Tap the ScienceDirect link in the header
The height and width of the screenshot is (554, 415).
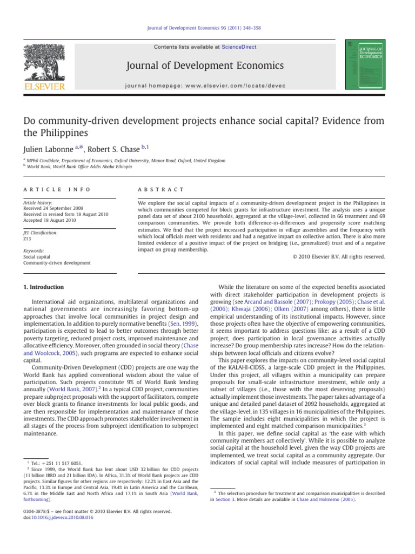pos(239,47)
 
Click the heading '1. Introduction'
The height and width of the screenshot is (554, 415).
pos(41,287)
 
